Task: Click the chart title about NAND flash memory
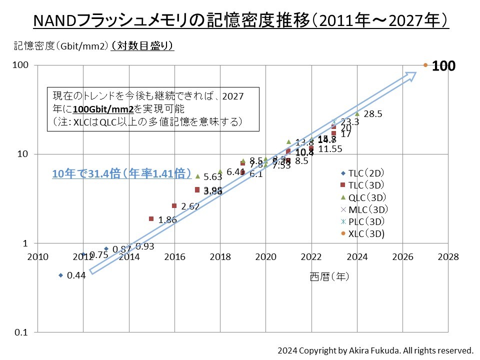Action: coord(240,21)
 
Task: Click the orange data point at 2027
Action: coord(425,65)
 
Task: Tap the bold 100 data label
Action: coord(443,65)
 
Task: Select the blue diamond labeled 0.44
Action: coord(61,275)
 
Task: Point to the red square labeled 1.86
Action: coord(151,218)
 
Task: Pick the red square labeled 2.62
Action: coord(174,205)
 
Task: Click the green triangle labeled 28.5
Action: coord(357,113)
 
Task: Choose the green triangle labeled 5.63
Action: coord(197,176)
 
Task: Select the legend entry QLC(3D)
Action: coord(364,197)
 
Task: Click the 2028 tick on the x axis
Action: coord(448,257)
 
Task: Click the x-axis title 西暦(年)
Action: coord(329,276)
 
